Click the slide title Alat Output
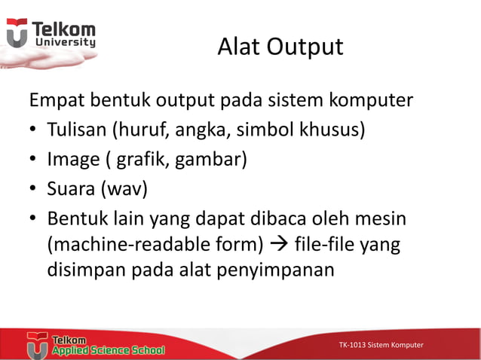[280, 47]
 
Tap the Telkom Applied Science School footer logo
[96, 344]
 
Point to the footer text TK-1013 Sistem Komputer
[381, 345]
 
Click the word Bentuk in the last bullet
[76, 218]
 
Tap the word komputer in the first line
[372, 100]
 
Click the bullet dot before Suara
[33, 190]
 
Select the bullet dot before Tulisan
[33, 131]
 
